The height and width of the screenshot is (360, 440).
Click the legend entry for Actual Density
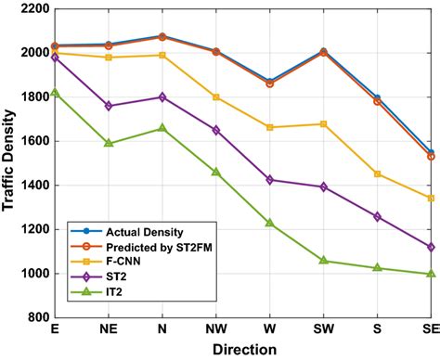(130, 231)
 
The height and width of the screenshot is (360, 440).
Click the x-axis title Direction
(242, 350)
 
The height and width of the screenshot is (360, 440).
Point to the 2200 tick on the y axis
(32, 8)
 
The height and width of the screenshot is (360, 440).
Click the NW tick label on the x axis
(216, 329)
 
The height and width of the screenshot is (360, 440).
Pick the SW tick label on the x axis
(323, 329)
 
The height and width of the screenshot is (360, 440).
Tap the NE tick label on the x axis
(109, 329)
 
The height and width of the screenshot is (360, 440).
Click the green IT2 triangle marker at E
(56, 93)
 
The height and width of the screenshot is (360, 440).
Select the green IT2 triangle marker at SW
(323, 261)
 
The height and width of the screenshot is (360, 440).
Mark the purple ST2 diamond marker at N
(162, 97)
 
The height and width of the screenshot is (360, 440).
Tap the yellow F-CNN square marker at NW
(216, 97)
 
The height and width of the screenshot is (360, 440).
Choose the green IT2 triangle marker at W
(270, 223)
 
